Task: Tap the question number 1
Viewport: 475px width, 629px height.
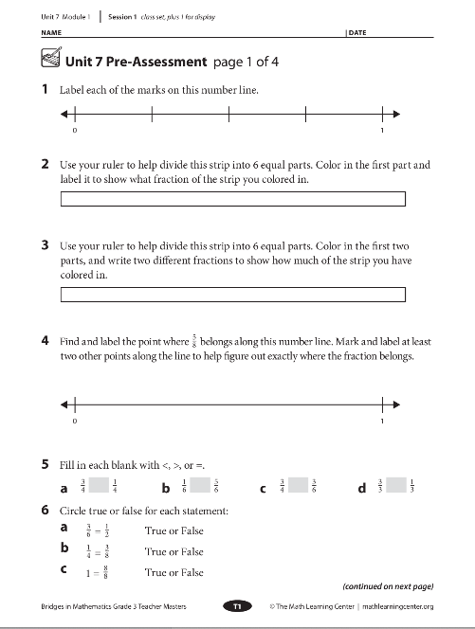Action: tap(46, 91)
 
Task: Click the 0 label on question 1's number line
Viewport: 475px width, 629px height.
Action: tap(74, 131)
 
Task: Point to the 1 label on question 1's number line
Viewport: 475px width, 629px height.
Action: tap(381, 131)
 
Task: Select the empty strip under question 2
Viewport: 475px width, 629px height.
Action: tap(232, 199)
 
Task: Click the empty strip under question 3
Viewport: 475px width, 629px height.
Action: tap(232, 294)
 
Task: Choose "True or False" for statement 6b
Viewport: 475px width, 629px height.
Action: tap(174, 551)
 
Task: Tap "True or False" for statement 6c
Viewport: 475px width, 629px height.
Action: tap(174, 572)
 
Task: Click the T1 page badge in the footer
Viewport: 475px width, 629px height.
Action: tap(236, 605)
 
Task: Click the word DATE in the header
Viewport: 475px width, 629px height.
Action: tap(356, 33)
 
